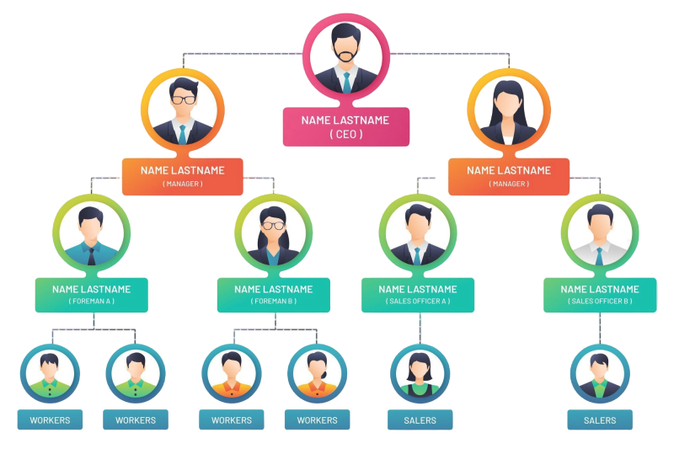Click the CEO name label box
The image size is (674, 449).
[346, 126]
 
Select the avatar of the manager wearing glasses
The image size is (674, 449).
[182, 110]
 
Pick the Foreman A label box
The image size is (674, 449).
[91, 295]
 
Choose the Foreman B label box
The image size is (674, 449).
[273, 295]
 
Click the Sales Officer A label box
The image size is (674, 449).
[418, 295]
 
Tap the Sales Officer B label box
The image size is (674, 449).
[599, 295]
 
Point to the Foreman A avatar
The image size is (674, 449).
[91, 234]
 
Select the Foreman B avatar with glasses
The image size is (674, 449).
[273, 234]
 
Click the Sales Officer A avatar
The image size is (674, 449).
[418, 234]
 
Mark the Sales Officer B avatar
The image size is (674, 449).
[599, 234]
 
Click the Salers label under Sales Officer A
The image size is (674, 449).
[420, 420]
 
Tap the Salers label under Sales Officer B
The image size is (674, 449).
[599, 420]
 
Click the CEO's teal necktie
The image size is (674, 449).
[346, 82]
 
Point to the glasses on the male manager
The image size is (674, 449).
[183, 99]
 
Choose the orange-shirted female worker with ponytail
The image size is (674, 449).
[317, 374]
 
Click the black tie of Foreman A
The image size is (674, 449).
[91, 254]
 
